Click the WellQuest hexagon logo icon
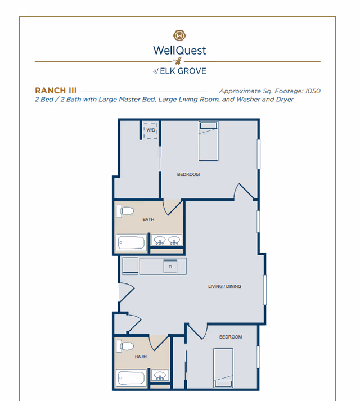[179, 35]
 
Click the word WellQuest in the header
[179, 50]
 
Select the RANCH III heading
[56, 90]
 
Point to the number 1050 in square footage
[312, 91]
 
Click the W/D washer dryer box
[150, 130]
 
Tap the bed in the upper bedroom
[208, 141]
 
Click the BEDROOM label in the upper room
[188, 175]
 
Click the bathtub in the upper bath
[130, 243]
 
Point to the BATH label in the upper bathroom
[148, 220]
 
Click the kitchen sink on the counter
[170, 266]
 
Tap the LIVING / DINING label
[224, 286]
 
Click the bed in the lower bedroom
[223, 367]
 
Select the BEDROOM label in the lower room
[231, 337]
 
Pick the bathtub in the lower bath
[130, 378]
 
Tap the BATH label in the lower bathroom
[141, 357]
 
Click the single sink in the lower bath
[160, 376]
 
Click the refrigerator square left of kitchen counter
[130, 265]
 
